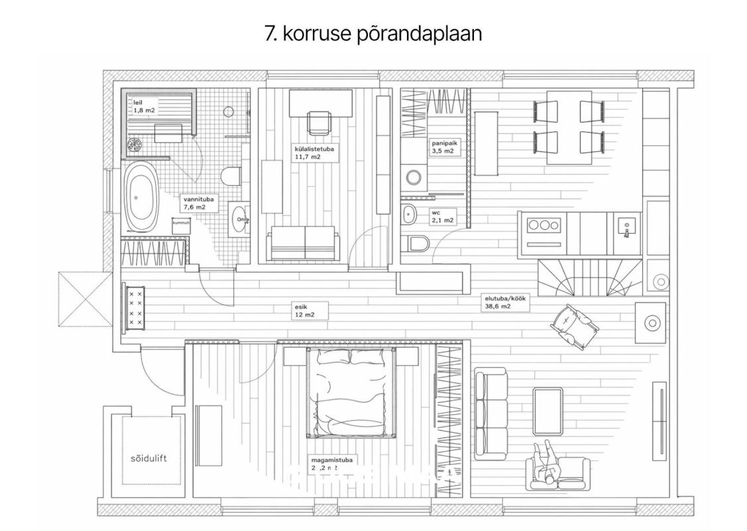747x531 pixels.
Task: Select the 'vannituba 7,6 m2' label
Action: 195,202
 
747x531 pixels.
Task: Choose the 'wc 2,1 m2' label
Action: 441,218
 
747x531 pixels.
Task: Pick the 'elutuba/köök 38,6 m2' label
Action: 504,303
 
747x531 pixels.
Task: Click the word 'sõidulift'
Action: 146,459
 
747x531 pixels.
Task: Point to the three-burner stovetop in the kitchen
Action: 543,225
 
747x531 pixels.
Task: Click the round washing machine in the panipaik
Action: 414,177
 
